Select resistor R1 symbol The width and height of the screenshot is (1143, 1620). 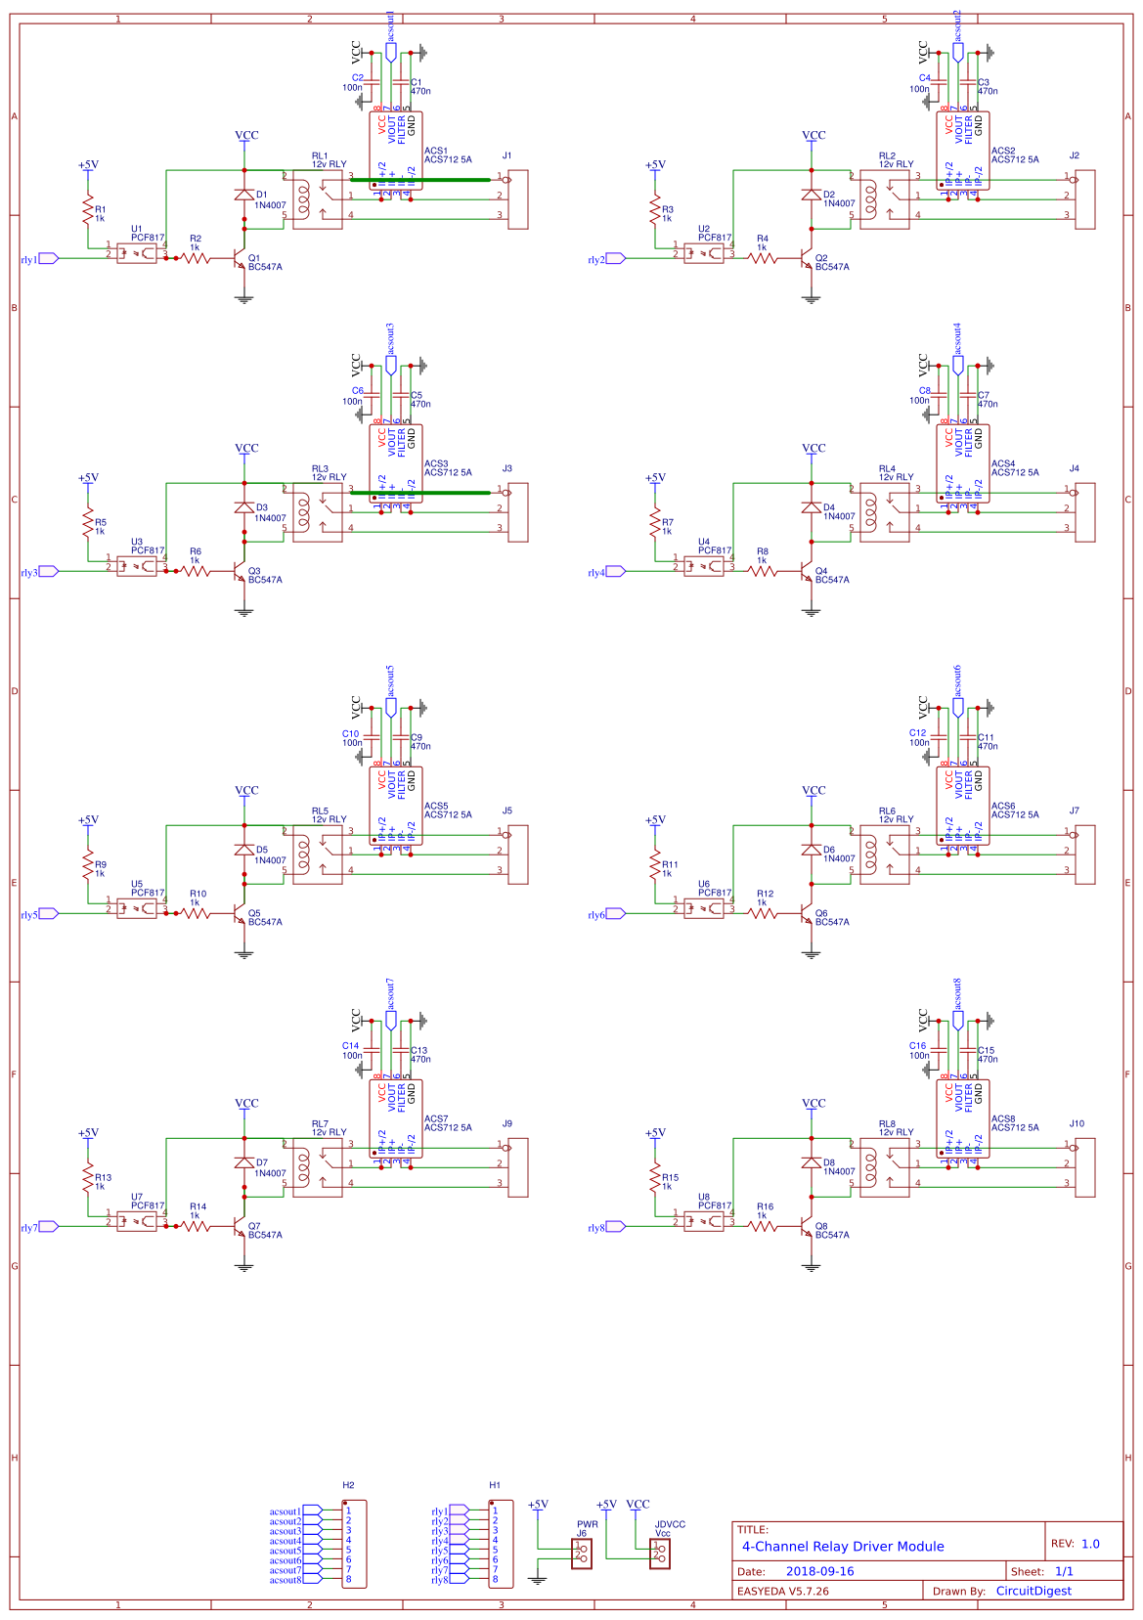tap(88, 209)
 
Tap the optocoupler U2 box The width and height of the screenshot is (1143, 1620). tap(704, 253)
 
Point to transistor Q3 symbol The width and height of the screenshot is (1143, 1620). tap(241, 572)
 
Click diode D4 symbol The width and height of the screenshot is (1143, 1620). tap(812, 507)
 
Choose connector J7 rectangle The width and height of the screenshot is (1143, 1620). tap(1085, 854)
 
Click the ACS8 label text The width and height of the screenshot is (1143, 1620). tap(1003, 1118)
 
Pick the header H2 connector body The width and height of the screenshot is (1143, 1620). tap(354, 1544)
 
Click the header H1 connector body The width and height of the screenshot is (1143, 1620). tap(501, 1544)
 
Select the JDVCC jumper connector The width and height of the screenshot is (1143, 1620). tap(661, 1554)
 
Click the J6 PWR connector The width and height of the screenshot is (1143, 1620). tap(583, 1554)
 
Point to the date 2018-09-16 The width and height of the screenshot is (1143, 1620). tap(819, 1571)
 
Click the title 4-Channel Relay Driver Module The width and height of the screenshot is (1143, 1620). tap(843, 1546)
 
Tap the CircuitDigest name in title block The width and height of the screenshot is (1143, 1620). tap(1033, 1591)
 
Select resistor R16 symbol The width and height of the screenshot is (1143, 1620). tap(763, 1226)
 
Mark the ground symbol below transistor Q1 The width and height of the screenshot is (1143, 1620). tap(244, 299)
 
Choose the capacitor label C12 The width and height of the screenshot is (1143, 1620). tap(917, 732)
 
